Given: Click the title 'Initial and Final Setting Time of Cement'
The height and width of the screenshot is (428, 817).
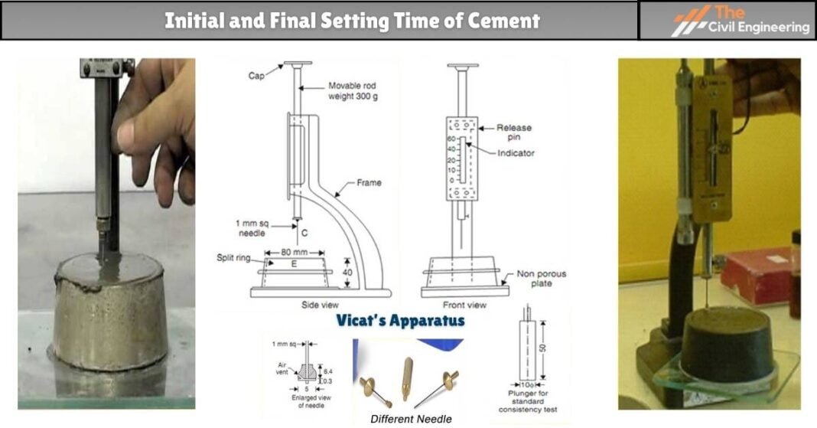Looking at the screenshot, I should [x=352, y=20].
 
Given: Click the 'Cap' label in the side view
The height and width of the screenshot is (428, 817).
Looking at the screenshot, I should [x=256, y=76].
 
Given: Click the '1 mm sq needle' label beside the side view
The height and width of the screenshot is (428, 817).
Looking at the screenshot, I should [x=250, y=227].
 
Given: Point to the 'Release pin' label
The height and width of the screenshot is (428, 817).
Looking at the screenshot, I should [x=514, y=132].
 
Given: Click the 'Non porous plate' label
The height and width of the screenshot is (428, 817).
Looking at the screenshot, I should [x=539, y=278].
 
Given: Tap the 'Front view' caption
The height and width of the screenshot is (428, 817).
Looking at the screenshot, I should [x=464, y=305].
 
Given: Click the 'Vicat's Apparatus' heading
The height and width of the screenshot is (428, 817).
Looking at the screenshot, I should [x=400, y=320].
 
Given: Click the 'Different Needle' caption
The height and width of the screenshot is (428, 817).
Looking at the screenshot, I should [x=410, y=419].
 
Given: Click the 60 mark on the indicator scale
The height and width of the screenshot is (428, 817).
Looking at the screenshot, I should [x=451, y=139].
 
